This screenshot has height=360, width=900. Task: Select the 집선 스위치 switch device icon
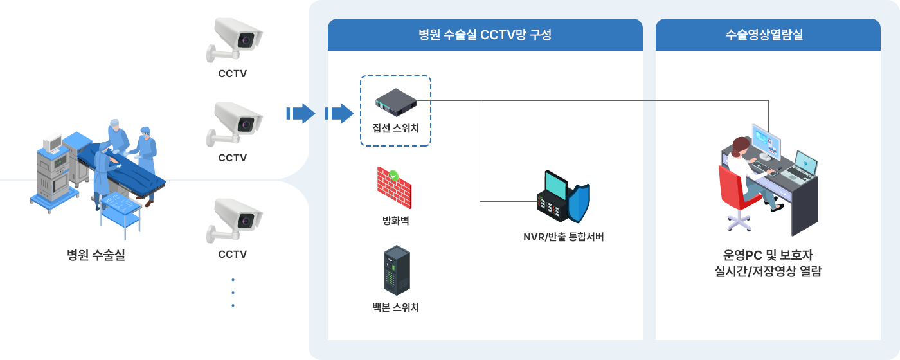(x=396, y=102)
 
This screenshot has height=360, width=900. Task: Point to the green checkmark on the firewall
(x=393, y=175)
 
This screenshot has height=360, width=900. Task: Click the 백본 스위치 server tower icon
(x=397, y=271)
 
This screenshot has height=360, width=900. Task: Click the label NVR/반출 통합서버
(x=563, y=237)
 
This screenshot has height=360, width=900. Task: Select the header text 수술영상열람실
(x=764, y=35)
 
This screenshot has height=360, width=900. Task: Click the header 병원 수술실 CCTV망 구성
(x=485, y=35)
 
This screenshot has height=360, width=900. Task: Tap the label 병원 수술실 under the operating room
(x=96, y=255)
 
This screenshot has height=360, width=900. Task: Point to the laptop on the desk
(x=800, y=168)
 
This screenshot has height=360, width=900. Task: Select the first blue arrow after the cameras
(x=301, y=113)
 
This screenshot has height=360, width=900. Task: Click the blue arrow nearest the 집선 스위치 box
(x=339, y=113)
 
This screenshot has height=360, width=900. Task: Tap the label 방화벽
(x=395, y=221)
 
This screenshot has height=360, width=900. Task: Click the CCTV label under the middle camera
(x=233, y=158)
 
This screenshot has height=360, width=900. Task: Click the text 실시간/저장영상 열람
(x=768, y=271)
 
